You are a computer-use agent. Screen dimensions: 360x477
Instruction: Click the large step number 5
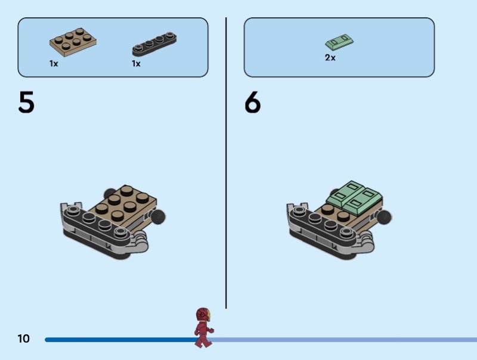26,103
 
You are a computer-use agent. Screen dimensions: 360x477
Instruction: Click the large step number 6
253,103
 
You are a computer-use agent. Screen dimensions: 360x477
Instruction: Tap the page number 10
23,339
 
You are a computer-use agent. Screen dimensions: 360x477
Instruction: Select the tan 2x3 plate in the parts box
73,41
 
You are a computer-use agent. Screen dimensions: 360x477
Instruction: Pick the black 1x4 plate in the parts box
154,45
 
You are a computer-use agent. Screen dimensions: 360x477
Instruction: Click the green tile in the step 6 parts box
340,42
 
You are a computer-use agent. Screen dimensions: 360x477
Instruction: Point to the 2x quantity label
330,58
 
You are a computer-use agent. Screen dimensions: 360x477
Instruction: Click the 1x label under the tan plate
54,63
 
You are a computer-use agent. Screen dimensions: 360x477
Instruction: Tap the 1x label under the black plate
136,63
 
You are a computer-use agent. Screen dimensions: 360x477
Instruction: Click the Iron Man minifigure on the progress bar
203,327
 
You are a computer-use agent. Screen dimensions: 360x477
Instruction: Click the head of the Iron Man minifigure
203,314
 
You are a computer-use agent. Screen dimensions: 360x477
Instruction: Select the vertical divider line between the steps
226,161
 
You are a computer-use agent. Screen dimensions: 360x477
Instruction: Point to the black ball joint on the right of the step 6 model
386,217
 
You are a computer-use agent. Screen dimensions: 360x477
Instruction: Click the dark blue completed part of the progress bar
119,340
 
